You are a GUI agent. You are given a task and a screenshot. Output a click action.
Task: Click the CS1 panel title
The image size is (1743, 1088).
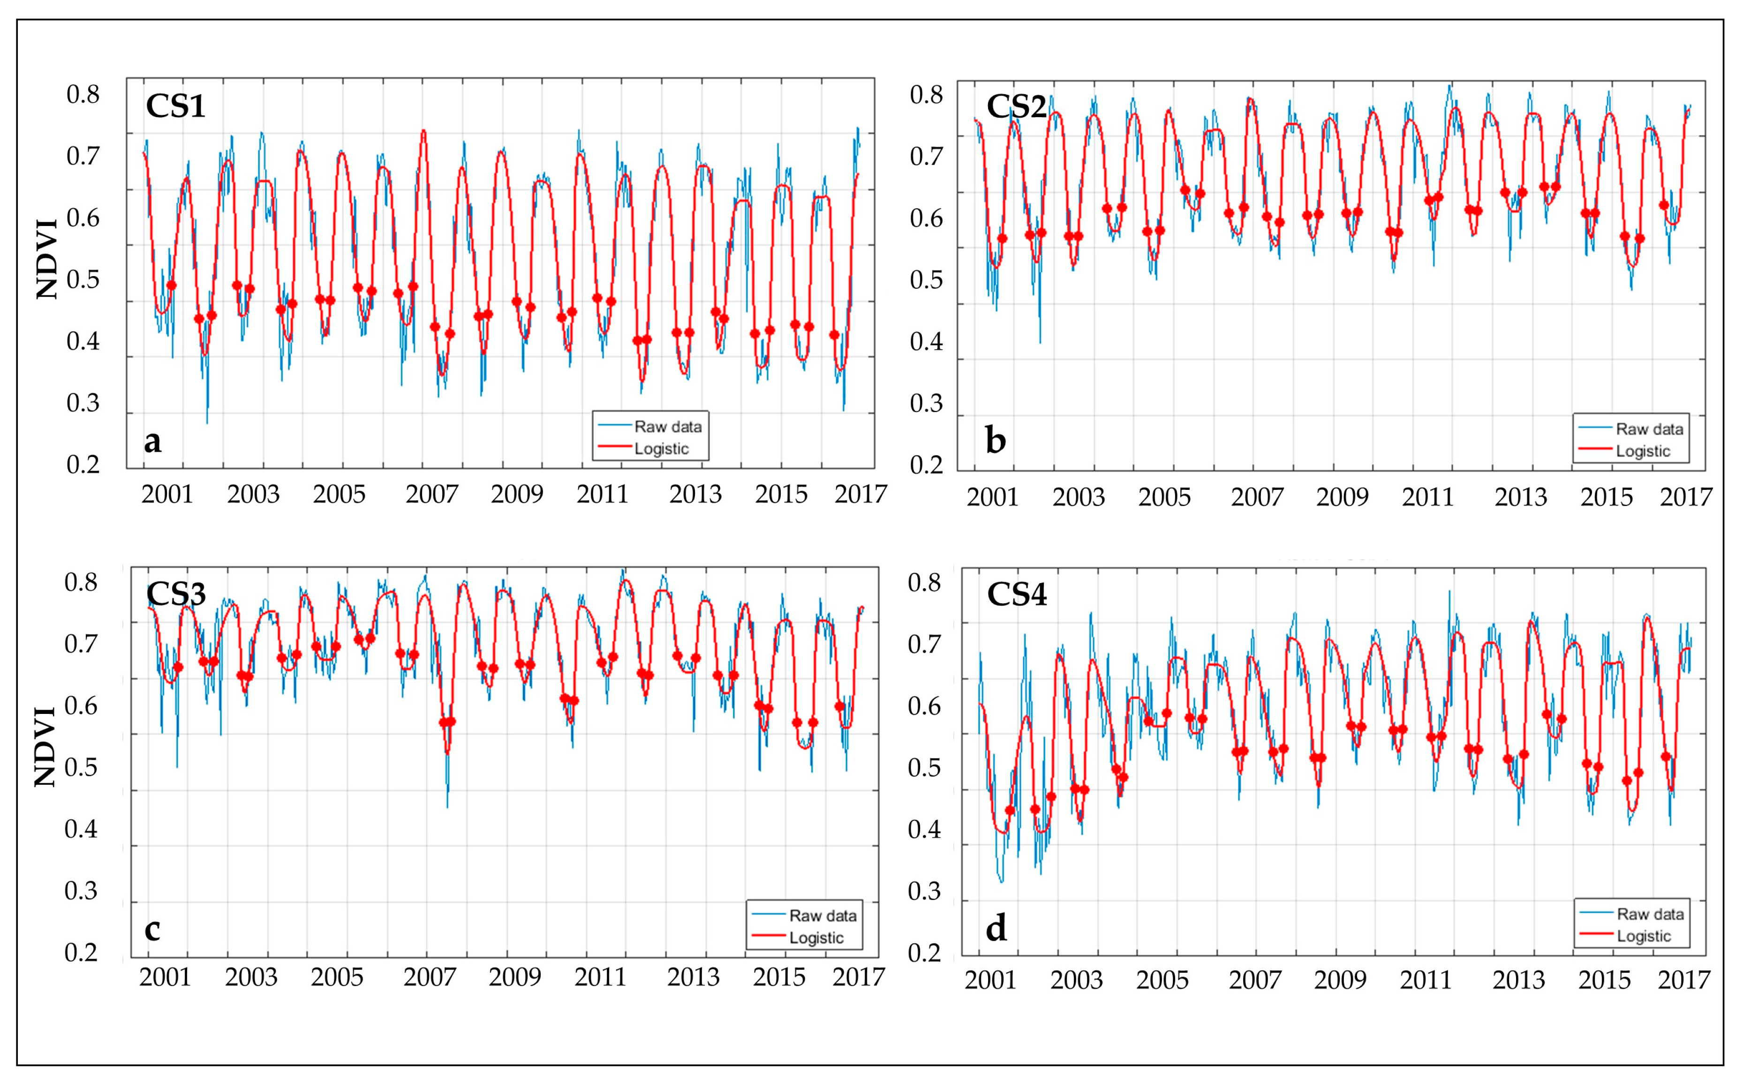point(175,106)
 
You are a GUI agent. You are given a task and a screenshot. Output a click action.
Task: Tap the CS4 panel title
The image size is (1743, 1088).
point(1016,594)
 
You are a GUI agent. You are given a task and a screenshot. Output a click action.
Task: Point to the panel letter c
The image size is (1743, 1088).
point(152,928)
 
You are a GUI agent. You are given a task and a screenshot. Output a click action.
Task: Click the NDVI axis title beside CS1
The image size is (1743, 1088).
point(47,259)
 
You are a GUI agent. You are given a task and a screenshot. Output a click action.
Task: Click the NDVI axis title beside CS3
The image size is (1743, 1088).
point(45,746)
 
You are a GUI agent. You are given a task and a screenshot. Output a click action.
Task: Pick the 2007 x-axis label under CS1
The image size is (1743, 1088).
point(431,495)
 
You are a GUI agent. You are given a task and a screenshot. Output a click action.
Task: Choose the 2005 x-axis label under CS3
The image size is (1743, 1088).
point(337,977)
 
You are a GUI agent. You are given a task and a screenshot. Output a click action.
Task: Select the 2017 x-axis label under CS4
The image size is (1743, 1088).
point(1683,980)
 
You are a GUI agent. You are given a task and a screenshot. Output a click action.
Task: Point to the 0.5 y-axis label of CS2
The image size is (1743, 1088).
point(926,280)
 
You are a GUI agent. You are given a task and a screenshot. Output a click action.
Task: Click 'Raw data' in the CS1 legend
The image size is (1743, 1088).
point(667,427)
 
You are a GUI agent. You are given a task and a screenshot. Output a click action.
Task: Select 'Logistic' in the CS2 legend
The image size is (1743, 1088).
point(1643,451)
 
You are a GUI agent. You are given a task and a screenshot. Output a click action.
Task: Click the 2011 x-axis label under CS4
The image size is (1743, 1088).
point(1426,980)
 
